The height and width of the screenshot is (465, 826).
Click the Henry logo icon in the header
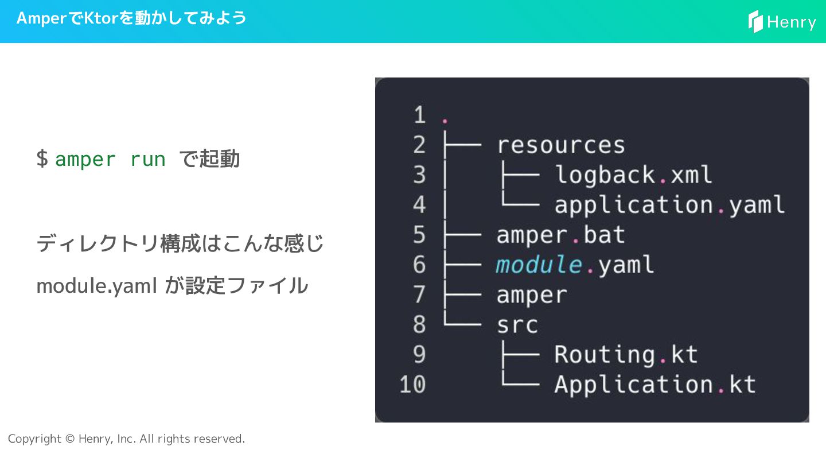tap(755, 21)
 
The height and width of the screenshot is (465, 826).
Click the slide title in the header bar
tap(131, 18)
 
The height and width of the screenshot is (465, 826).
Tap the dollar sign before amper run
tap(42, 159)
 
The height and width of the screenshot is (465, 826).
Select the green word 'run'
tap(147, 160)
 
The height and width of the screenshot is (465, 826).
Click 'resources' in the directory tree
tap(560, 145)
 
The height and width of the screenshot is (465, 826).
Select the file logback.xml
tap(633, 175)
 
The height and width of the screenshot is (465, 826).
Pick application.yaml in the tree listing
tap(669, 205)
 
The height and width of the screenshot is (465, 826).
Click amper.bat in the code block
tap(560, 235)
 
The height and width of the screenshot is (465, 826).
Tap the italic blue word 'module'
tap(539, 265)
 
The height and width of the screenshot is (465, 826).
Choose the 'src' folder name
tap(517, 325)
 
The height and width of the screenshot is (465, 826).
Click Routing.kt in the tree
tap(626, 355)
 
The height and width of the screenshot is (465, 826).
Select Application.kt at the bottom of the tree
tap(655, 385)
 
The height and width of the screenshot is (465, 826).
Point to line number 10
tap(412, 385)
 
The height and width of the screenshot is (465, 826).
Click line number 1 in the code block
tap(419, 115)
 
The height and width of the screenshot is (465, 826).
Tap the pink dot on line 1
tap(445, 122)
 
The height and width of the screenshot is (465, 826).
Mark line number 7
tap(419, 295)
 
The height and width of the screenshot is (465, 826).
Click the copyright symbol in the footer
tap(70, 439)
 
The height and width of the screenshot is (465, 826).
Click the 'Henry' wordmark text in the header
tap(792, 22)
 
